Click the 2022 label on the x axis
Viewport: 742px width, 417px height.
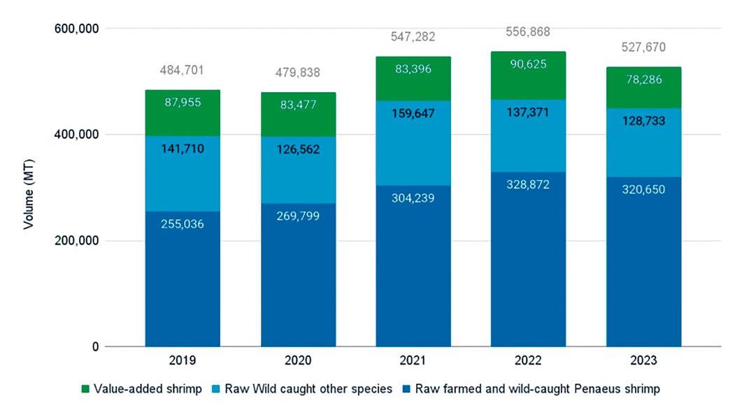click(x=528, y=362)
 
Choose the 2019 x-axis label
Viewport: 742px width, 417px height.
click(x=183, y=362)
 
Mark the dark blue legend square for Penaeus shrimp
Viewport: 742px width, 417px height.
click(x=404, y=389)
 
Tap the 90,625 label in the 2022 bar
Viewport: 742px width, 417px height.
click(x=528, y=64)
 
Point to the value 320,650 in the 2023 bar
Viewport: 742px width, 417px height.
click(x=643, y=189)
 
